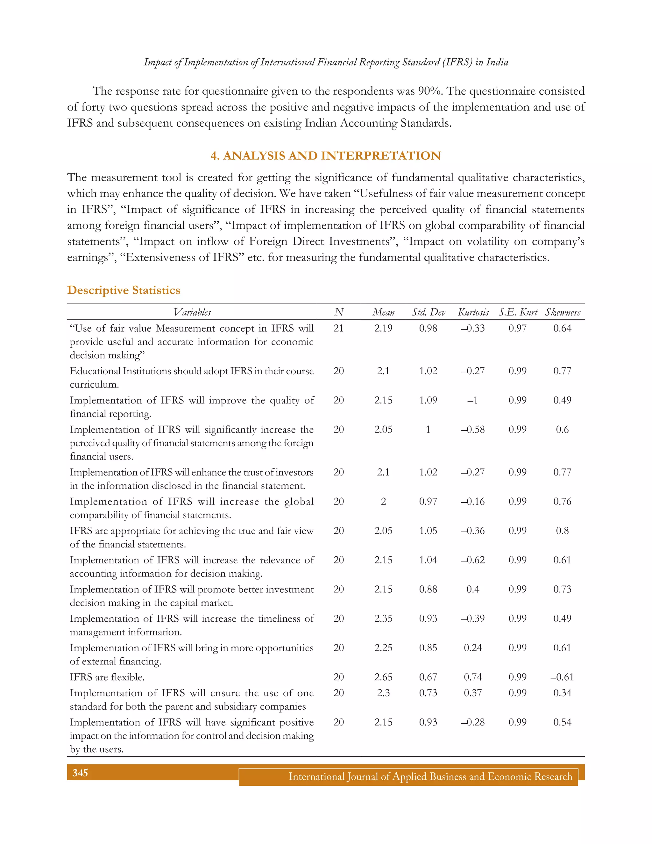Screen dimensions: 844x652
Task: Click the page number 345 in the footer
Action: (x=80, y=773)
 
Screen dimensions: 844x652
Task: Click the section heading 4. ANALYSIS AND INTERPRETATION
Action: (x=326, y=156)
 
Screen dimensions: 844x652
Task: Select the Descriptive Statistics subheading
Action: (x=124, y=290)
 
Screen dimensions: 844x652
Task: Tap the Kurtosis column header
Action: (x=473, y=312)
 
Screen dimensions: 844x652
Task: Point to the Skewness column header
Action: (x=563, y=312)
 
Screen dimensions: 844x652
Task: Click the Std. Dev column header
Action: (x=429, y=312)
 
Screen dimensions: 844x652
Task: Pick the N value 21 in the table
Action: (x=338, y=328)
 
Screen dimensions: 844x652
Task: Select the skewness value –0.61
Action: (x=562, y=677)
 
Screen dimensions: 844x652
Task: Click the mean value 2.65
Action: (x=383, y=677)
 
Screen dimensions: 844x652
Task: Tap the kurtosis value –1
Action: (x=473, y=400)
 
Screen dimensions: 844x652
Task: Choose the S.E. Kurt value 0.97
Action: (x=518, y=328)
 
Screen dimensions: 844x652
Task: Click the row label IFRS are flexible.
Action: (x=107, y=677)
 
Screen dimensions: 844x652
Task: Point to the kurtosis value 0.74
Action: (x=473, y=677)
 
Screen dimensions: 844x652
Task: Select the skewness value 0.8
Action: (x=563, y=531)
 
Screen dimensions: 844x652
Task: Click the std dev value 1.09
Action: (x=428, y=400)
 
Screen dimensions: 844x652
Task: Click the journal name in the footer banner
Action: (x=430, y=777)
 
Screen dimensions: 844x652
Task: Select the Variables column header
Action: (x=192, y=312)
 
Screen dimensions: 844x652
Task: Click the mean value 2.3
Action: (x=383, y=693)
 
